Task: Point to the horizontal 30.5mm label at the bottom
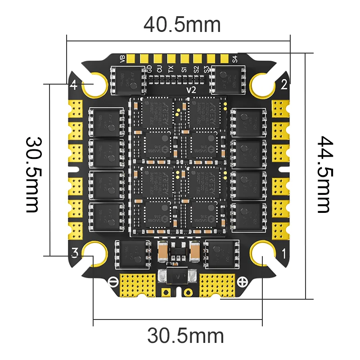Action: [185, 336]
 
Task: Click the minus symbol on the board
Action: [112, 281]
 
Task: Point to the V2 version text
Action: [191, 90]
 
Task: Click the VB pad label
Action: [122, 58]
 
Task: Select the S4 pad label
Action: [234, 58]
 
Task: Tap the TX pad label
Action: [171, 69]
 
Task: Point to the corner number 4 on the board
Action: [74, 84]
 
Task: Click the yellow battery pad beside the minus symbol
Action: [138, 284]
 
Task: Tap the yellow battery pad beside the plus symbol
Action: [217, 284]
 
